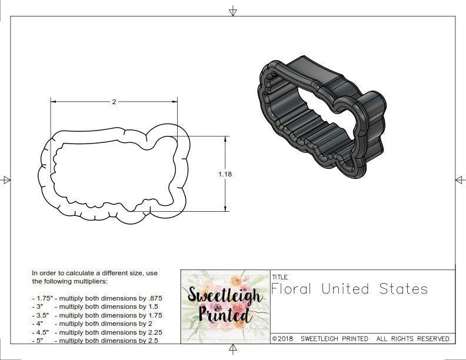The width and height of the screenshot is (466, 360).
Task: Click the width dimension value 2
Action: (x=114, y=102)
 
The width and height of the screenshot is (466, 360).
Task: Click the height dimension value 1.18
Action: (x=224, y=174)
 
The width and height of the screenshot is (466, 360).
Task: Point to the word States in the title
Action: (x=405, y=289)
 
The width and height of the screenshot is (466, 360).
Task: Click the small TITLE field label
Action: (x=279, y=276)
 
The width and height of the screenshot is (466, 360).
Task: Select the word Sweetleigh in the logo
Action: (x=225, y=296)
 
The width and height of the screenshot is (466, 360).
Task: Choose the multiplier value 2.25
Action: (x=151, y=332)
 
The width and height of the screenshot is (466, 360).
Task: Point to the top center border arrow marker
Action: (x=233, y=11)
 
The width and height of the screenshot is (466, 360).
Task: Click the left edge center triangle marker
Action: (x=6, y=179)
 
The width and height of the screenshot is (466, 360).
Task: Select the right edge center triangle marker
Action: (x=460, y=179)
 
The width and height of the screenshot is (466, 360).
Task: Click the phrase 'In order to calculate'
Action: (x=64, y=274)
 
